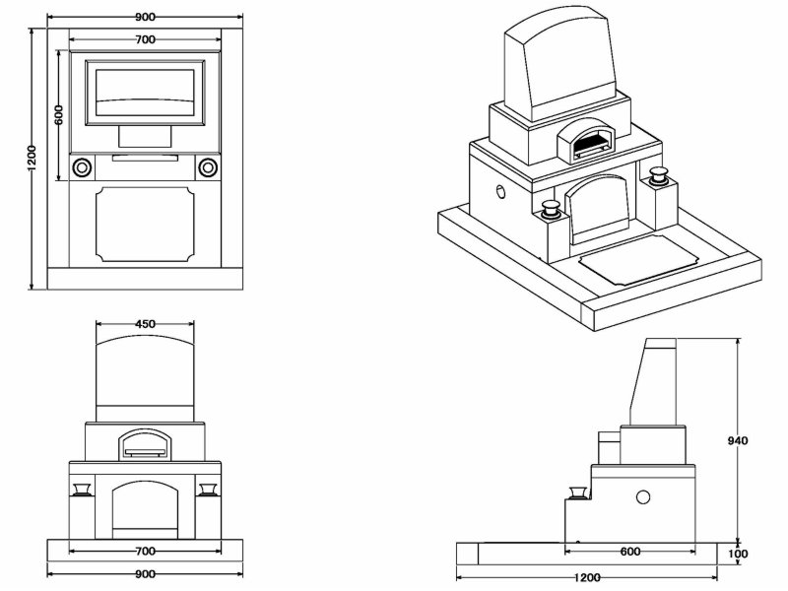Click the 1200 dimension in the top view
click(x=32, y=158)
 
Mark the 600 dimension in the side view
click(x=634, y=553)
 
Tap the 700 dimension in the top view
click(x=145, y=38)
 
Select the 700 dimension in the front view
click(x=145, y=550)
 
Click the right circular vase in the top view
click(x=208, y=166)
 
